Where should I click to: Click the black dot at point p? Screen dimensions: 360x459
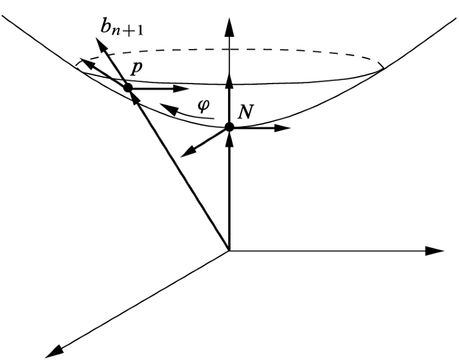point(127,88)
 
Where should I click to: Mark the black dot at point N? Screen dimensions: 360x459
point(229,127)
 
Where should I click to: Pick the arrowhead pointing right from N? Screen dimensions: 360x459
point(284,127)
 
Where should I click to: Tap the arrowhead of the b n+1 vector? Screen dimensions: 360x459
point(97,43)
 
